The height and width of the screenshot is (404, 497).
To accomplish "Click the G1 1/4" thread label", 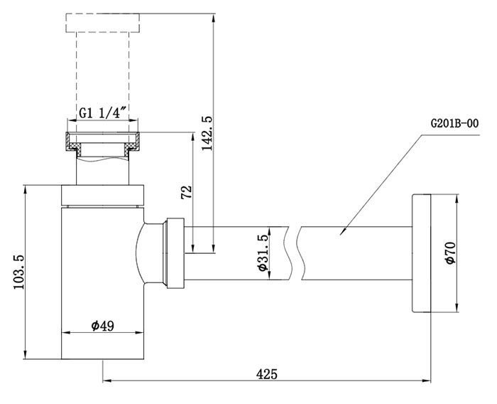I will click(102, 112).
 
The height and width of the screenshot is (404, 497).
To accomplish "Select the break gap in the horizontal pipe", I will click(295, 253).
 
